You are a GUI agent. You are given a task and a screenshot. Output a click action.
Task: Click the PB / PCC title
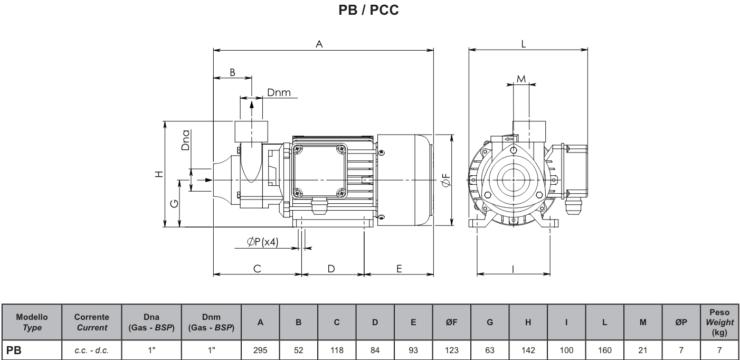coord(369,10)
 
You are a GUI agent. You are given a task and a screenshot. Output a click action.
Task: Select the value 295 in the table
coord(260,349)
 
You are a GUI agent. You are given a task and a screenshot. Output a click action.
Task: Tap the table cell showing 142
coord(528,349)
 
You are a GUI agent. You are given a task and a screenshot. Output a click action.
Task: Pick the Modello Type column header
coord(31,323)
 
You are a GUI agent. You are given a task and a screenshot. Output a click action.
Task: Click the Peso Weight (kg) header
coord(719,323)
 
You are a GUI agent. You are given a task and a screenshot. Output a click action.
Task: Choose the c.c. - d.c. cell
coord(91,349)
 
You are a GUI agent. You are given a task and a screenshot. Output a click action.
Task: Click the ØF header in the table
coord(452,323)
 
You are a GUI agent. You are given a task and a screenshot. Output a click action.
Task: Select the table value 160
coord(605,349)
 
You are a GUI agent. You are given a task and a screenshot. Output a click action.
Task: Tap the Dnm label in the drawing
coord(278,93)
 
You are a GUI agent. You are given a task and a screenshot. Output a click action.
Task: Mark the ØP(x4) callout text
coord(262,242)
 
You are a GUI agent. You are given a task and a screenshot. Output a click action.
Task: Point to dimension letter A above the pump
coord(319,45)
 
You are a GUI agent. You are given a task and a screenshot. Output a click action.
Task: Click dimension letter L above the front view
coord(523,44)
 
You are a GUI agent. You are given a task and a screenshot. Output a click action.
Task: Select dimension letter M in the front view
coord(521,79)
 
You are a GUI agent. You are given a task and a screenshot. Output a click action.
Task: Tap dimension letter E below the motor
coord(399,269)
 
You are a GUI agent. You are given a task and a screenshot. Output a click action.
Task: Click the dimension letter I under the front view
coord(513,269)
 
